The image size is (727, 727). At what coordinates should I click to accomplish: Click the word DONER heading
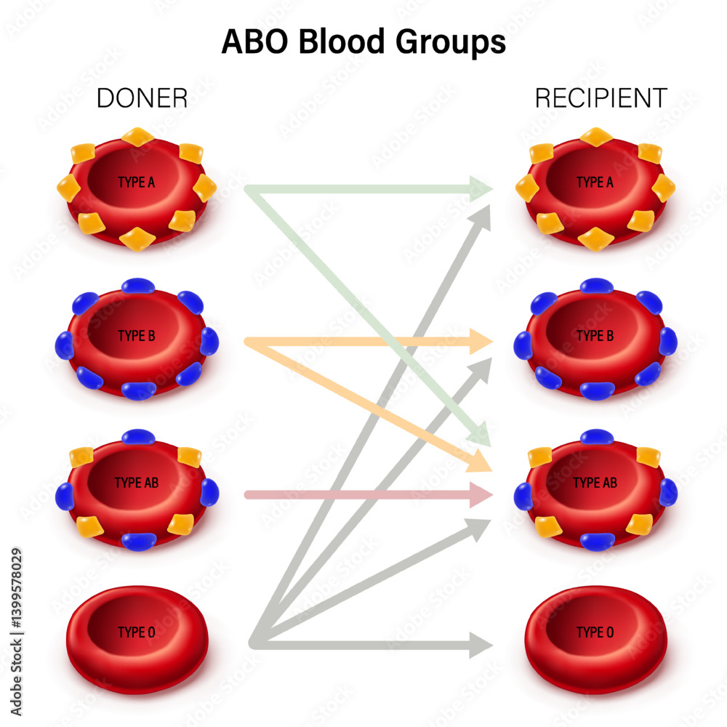(x=142, y=98)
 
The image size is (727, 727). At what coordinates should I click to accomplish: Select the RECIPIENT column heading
(x=601, y=98)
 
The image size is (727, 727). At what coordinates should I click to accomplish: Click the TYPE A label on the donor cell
(x=136, y=182)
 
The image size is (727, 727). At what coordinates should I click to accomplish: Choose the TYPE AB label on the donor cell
(x=136, y=483)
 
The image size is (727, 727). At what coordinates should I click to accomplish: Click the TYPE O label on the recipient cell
(x=595, y=632)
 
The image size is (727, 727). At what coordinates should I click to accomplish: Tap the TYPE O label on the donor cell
(x=136, y=632)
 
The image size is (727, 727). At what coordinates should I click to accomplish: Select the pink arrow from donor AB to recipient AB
(x=363, y=495)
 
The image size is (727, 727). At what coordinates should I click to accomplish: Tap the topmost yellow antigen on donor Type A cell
(x=137, y=136)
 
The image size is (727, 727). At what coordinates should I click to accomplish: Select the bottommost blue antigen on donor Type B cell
(x=138, y=390)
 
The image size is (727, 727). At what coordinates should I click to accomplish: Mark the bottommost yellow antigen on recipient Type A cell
(x=596, y=237)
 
